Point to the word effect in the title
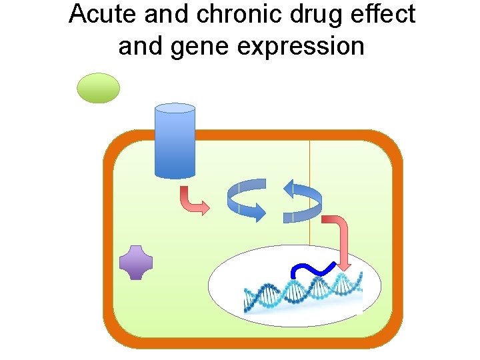coord(384,15)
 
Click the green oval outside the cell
coord(99,88)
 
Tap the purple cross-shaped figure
coord(136,262)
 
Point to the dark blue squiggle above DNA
coord(313,270)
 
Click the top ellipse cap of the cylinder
coord(175,108)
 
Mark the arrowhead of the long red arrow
coord(343,265)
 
